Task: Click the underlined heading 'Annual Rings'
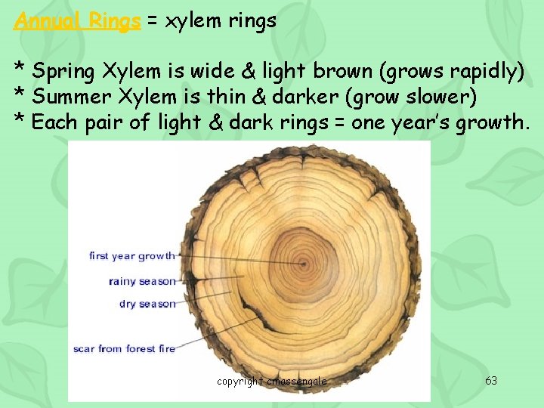77,20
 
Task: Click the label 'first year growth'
131,256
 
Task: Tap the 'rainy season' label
142,281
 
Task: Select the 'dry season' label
147,304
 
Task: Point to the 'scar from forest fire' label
124,348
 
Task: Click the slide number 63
491,381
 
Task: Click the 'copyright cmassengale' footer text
272,382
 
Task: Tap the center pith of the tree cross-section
304,264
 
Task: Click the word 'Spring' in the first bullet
64,73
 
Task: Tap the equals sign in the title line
152,21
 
